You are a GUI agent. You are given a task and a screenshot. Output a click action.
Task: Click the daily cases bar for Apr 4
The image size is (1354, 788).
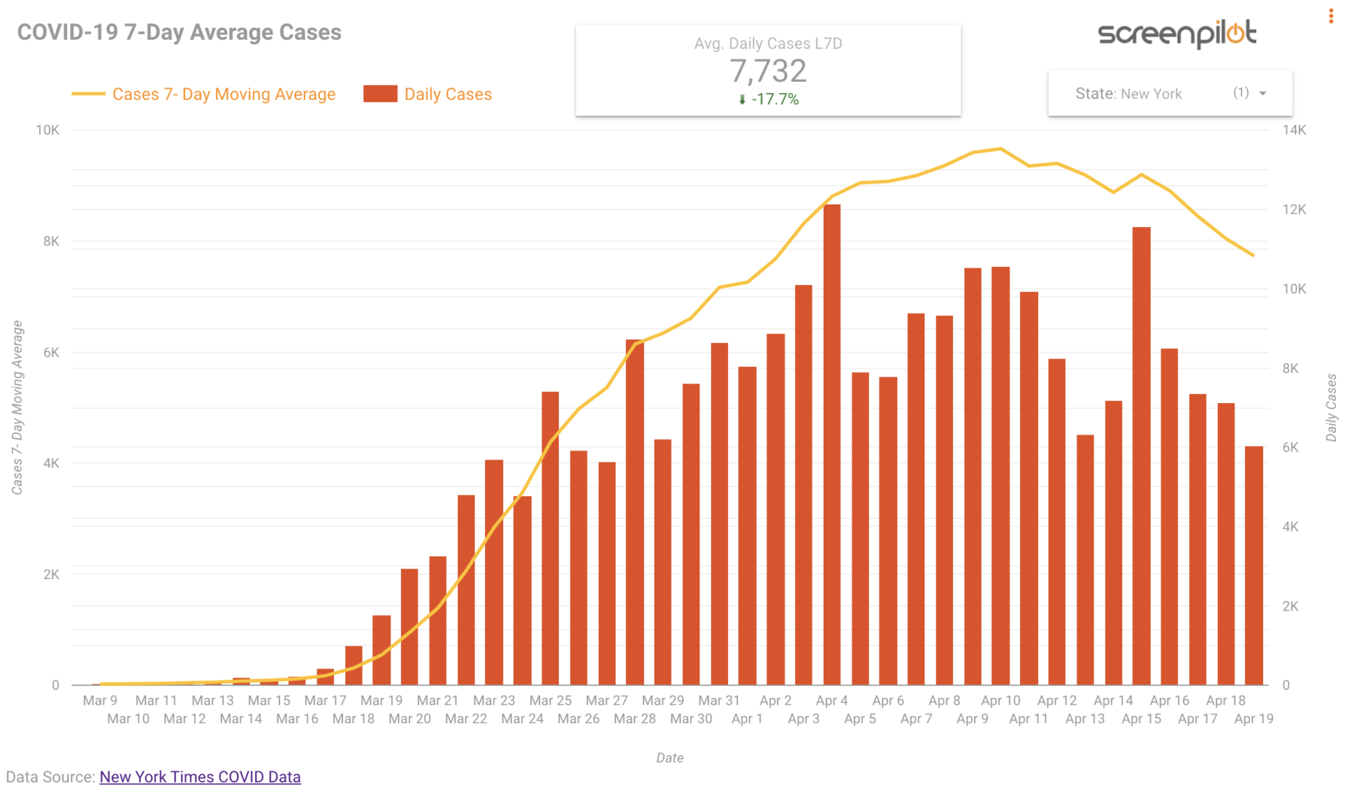[x=831, y=444]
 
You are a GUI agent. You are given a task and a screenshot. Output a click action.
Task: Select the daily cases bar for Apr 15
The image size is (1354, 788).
[x=1141, y=455]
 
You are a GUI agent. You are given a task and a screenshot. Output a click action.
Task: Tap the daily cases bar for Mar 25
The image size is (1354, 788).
[x=550, y=538]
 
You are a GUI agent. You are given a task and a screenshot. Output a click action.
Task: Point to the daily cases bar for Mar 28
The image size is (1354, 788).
[x=634, y=511]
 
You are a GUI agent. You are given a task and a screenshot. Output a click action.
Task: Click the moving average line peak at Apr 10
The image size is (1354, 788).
[x=1000, y=149]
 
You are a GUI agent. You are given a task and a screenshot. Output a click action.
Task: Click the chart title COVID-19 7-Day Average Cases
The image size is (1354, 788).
[x=179, y=32]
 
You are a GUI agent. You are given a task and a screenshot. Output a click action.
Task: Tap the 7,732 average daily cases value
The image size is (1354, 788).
[x=768, y=71]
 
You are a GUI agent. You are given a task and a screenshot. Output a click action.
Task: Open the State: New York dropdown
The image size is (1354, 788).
[x=1170, y=93]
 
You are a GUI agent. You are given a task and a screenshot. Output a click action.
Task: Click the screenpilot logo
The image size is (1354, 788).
[x=1176, y=33]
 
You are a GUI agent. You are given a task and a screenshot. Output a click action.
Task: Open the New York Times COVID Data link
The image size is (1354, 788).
[x=200, y=777]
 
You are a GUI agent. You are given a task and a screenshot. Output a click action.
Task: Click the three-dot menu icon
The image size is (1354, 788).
[x=1331, y=16]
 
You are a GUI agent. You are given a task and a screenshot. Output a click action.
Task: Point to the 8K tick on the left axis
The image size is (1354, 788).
[x=51, y=241]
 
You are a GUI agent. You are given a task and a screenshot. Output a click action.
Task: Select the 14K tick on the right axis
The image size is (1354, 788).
[x=1294, y=130]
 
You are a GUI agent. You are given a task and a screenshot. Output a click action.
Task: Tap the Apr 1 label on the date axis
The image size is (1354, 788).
[x=747, y=719]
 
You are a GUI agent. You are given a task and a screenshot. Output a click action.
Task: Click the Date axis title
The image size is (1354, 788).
[x=669, y=758]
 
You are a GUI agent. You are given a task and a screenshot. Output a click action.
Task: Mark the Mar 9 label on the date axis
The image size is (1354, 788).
[x=100, y=701]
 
